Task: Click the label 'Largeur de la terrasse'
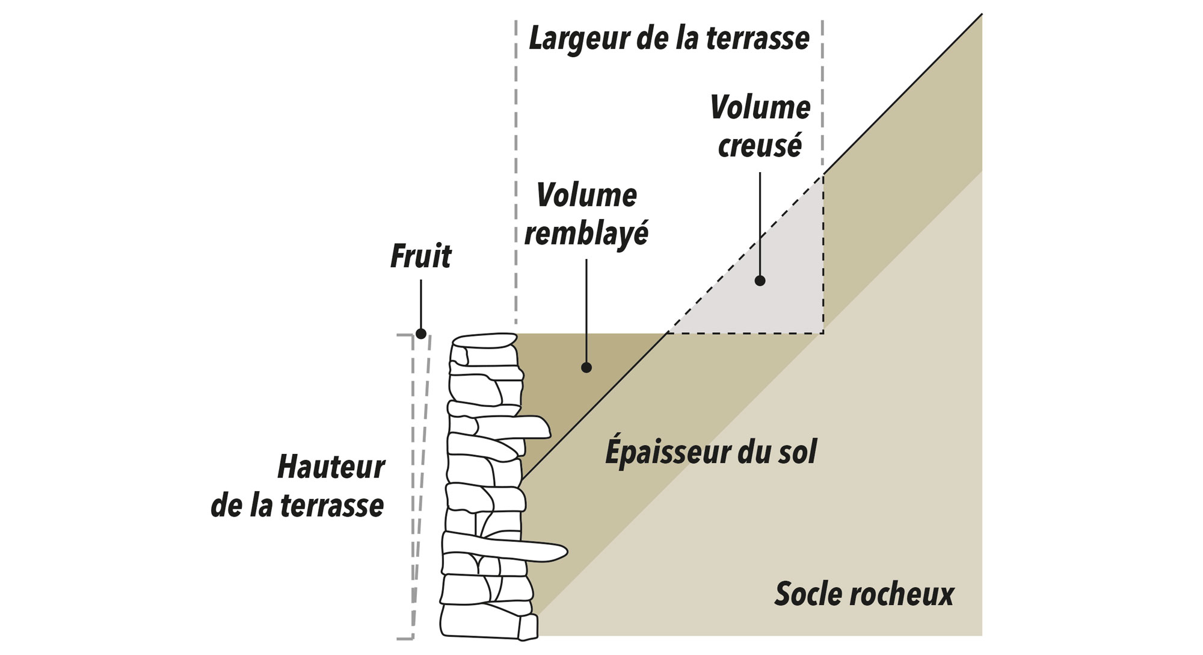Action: [669, 39]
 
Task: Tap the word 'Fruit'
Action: [420, 256]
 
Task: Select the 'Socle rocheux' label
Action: [864, 594]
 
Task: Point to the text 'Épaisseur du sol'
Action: [711, 452]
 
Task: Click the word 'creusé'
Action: [760, 146]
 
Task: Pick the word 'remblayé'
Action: [586, 234]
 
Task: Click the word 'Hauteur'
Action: [331, 467]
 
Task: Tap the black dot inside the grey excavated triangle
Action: [760, 281]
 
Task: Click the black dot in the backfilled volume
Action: [586, 367]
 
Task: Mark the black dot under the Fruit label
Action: [421, 334]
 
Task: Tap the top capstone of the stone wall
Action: [484, 341]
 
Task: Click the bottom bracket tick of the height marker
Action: [405, 638]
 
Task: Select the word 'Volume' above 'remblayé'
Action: [586, 195]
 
